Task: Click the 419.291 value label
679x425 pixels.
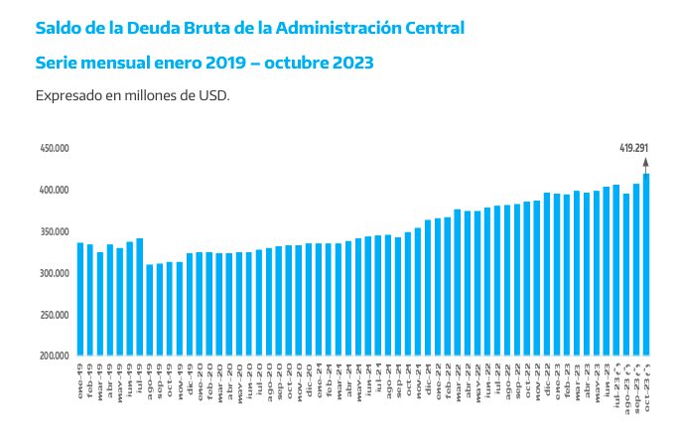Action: [634, 148]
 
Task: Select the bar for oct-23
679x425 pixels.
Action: [647, 264]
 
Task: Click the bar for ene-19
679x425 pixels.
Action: [80, 299]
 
